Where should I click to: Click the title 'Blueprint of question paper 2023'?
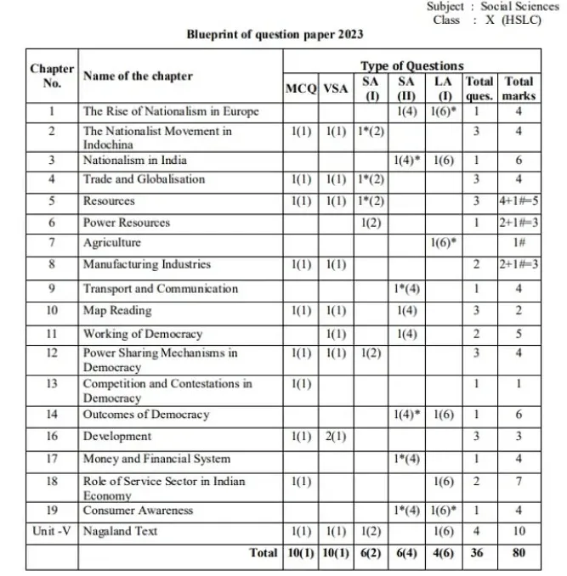click(275, 35)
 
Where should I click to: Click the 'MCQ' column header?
click(301, 88)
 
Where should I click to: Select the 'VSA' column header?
click(336, 88)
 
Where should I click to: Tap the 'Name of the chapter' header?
click(138, 76)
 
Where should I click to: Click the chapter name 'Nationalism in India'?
click(135, 160)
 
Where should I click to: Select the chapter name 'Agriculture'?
click(111, 243)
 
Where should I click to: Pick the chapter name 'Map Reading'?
click(117, 311)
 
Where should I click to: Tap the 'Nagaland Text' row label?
click(120, 532)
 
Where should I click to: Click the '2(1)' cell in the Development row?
click(336, 437)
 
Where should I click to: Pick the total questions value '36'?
click(479, 553)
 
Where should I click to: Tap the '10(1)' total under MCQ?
click(301, 553)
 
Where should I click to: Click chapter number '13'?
click(52, 384)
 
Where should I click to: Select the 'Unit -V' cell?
click(52, 532)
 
